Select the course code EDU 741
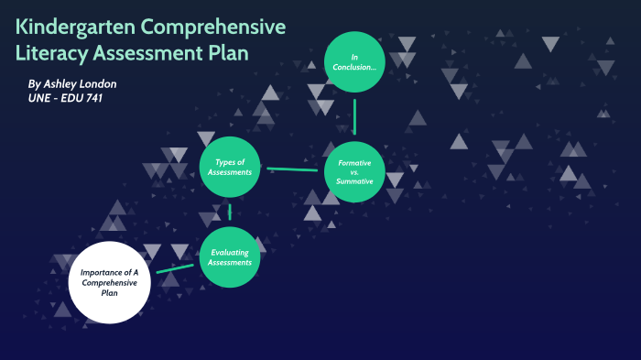click(79, 98)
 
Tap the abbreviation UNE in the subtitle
click(40, 98)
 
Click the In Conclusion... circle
click(353, 62)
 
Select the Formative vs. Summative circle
click(354, 172)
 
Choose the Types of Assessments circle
click(229, 167)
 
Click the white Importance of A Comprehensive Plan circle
click(109, 283)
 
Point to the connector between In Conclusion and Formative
click(354, 116)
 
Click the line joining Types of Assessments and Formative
click(292, 169)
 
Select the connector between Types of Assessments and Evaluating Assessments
click(230, 212)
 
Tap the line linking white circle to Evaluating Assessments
click(175, 268)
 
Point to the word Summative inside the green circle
click(354, 181)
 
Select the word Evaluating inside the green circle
click(230, 252)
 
